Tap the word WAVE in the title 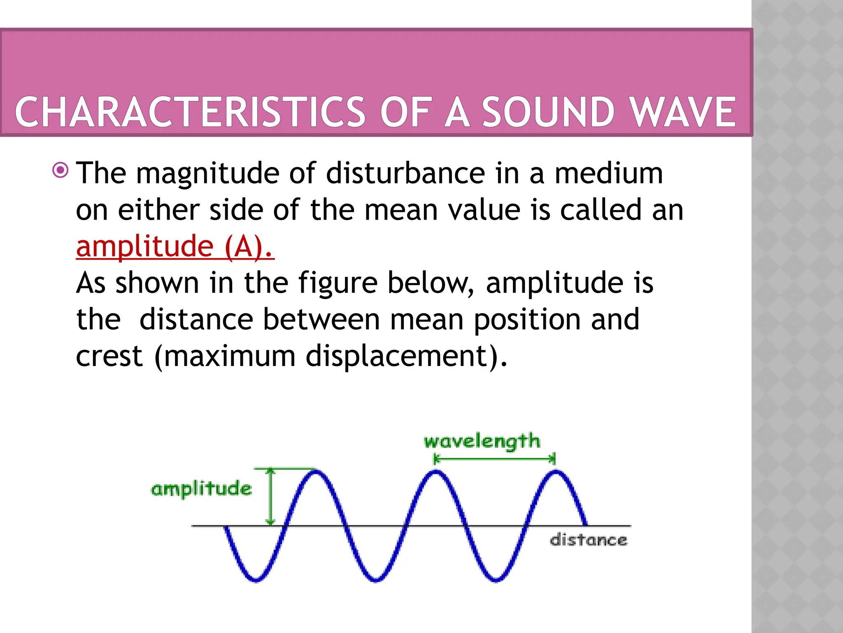(683, 112)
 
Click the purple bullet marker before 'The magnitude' (61, 170)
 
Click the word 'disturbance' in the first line (405, 173)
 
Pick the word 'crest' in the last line (109, 356)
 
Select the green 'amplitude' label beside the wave (201, 489)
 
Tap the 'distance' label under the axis (589, 540)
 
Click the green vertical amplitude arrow (270, 497)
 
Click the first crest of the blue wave (315, 472)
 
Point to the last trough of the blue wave (496, 579)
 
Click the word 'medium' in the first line (609, 173)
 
